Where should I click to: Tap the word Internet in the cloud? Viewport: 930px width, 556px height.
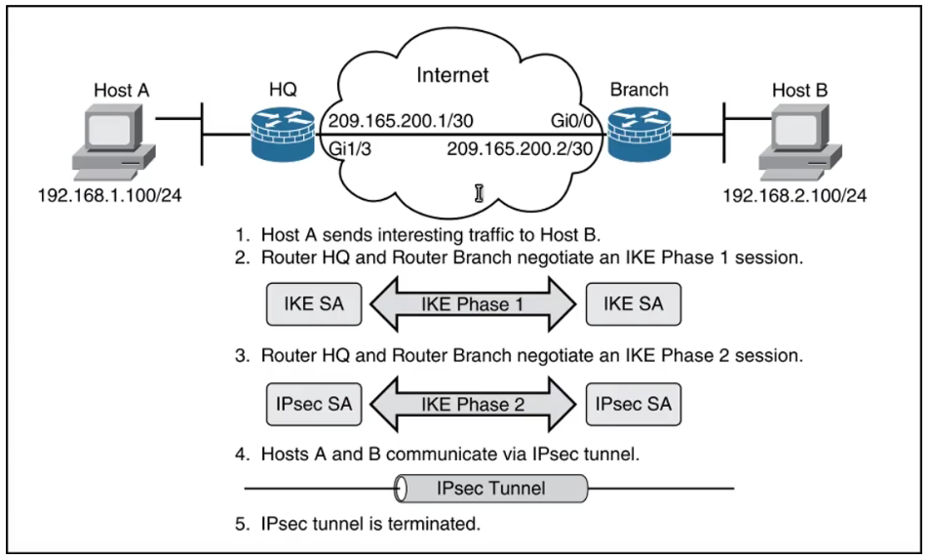(x=452, y=75)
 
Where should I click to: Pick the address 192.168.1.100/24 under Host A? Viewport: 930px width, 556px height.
(x=109, y=195)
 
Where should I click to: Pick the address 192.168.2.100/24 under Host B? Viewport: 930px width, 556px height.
(x=794, y=195)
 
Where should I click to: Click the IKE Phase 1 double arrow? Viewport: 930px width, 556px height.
(x=472, y=304)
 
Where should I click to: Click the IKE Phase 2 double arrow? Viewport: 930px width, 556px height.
(x=472, y=403)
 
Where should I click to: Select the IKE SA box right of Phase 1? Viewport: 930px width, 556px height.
(x=634, y=303)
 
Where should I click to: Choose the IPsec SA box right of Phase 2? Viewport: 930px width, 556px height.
(x=634, y=403)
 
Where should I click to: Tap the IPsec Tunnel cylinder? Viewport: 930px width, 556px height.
(x=491, y=487)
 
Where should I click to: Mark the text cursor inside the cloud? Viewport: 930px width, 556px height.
(x=480, y=192)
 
